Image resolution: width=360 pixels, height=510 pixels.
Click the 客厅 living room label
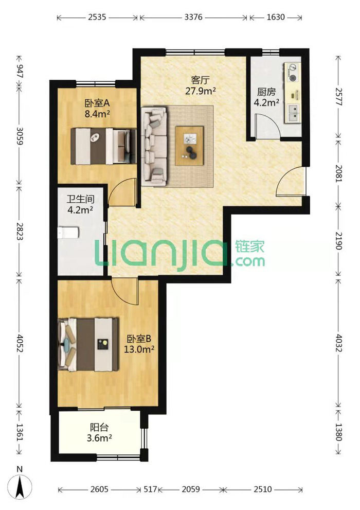pyautogui.click(x=200, y=80)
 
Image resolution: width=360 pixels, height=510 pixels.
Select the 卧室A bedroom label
pyautogui.click(x=97, y=103)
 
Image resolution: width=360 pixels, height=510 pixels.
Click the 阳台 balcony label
pyautogui.click(x=99, y=427)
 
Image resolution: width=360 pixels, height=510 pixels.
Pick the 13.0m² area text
pyautogui.click(x=139, y=349)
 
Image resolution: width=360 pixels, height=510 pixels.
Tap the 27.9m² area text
pyautogui.click(x=201, y=91)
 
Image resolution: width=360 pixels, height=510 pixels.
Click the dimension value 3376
pyautogui.click(x=193, y=17)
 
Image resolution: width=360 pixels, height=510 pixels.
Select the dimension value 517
pyautogui.click(x=150, y=489)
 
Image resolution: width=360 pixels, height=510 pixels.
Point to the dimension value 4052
pyautogui.click(x=20, y=343)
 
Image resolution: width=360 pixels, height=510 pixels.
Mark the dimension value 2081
pyautogui.click(x=338, y=173)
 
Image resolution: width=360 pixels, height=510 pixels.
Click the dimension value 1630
pyautogui.click(x=276, y=17)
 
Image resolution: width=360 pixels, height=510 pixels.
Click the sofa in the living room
pyautogui.click(x=154, y=146)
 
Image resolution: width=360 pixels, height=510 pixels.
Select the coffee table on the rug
pyautogui.click(x=189, y=146)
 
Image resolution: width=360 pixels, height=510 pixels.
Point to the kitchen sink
pyautogui.click(x=293, y=113)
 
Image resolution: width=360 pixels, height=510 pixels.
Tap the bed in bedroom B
pyautogui.click(x=88, y=345)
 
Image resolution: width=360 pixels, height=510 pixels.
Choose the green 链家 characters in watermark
pyautogui.click(x=249, y=247)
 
